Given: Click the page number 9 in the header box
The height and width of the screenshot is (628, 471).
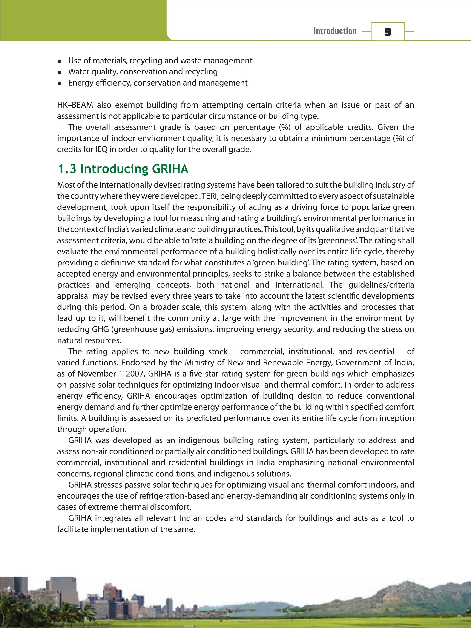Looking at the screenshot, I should tap(388, 31).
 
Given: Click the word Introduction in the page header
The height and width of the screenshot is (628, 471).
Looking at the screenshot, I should tap(335, 31).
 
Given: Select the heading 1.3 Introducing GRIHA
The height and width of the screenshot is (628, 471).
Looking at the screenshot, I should tap(123, 169).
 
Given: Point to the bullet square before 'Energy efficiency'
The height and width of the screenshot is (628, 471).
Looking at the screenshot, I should tap(59, 83).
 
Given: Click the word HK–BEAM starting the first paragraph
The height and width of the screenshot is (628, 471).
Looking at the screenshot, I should tap(75, 105).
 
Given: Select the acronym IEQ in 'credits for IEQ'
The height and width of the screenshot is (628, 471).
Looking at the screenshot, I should tap(102, 150).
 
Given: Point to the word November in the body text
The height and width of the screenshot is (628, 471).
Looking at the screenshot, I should tap(97, 374).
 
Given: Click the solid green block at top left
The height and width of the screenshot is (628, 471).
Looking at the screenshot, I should tap(82, 20).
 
